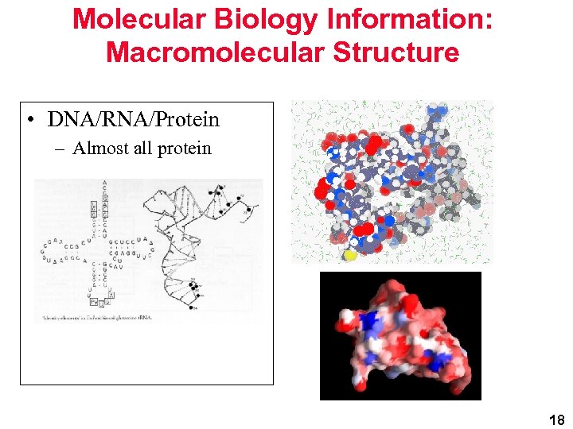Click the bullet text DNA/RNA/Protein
coord(133,120)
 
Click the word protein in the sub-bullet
coord(185,149)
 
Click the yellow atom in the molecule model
coord(350,256)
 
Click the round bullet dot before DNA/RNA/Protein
coord(29,121)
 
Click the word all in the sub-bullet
coord(146,149)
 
